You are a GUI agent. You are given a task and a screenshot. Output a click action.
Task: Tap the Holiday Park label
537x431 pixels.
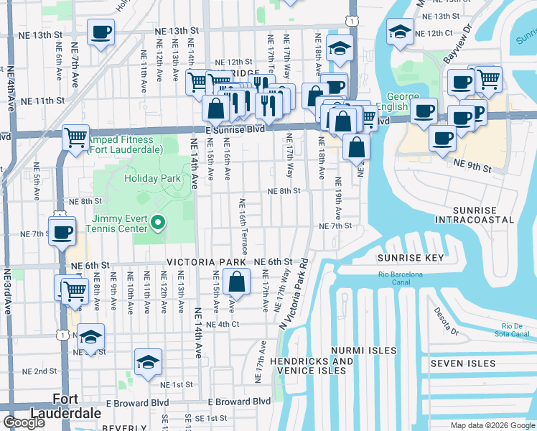[152, 178]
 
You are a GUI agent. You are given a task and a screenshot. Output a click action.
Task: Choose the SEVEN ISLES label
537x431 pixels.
[463, 364]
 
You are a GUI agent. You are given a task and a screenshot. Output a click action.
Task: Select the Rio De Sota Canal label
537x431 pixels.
[514, 328]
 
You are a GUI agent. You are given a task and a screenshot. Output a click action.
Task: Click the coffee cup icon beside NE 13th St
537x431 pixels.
[101, 32]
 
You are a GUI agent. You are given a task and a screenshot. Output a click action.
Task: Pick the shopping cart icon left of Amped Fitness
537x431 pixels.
[75, 136]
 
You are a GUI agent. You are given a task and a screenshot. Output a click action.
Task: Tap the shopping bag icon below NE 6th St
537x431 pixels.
[236, 282]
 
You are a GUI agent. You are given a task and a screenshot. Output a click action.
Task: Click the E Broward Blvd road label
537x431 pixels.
[238, 402]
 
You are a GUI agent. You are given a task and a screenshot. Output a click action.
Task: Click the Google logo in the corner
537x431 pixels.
[24, 422]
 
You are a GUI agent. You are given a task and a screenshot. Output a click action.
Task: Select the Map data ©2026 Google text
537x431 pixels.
[492, 425]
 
